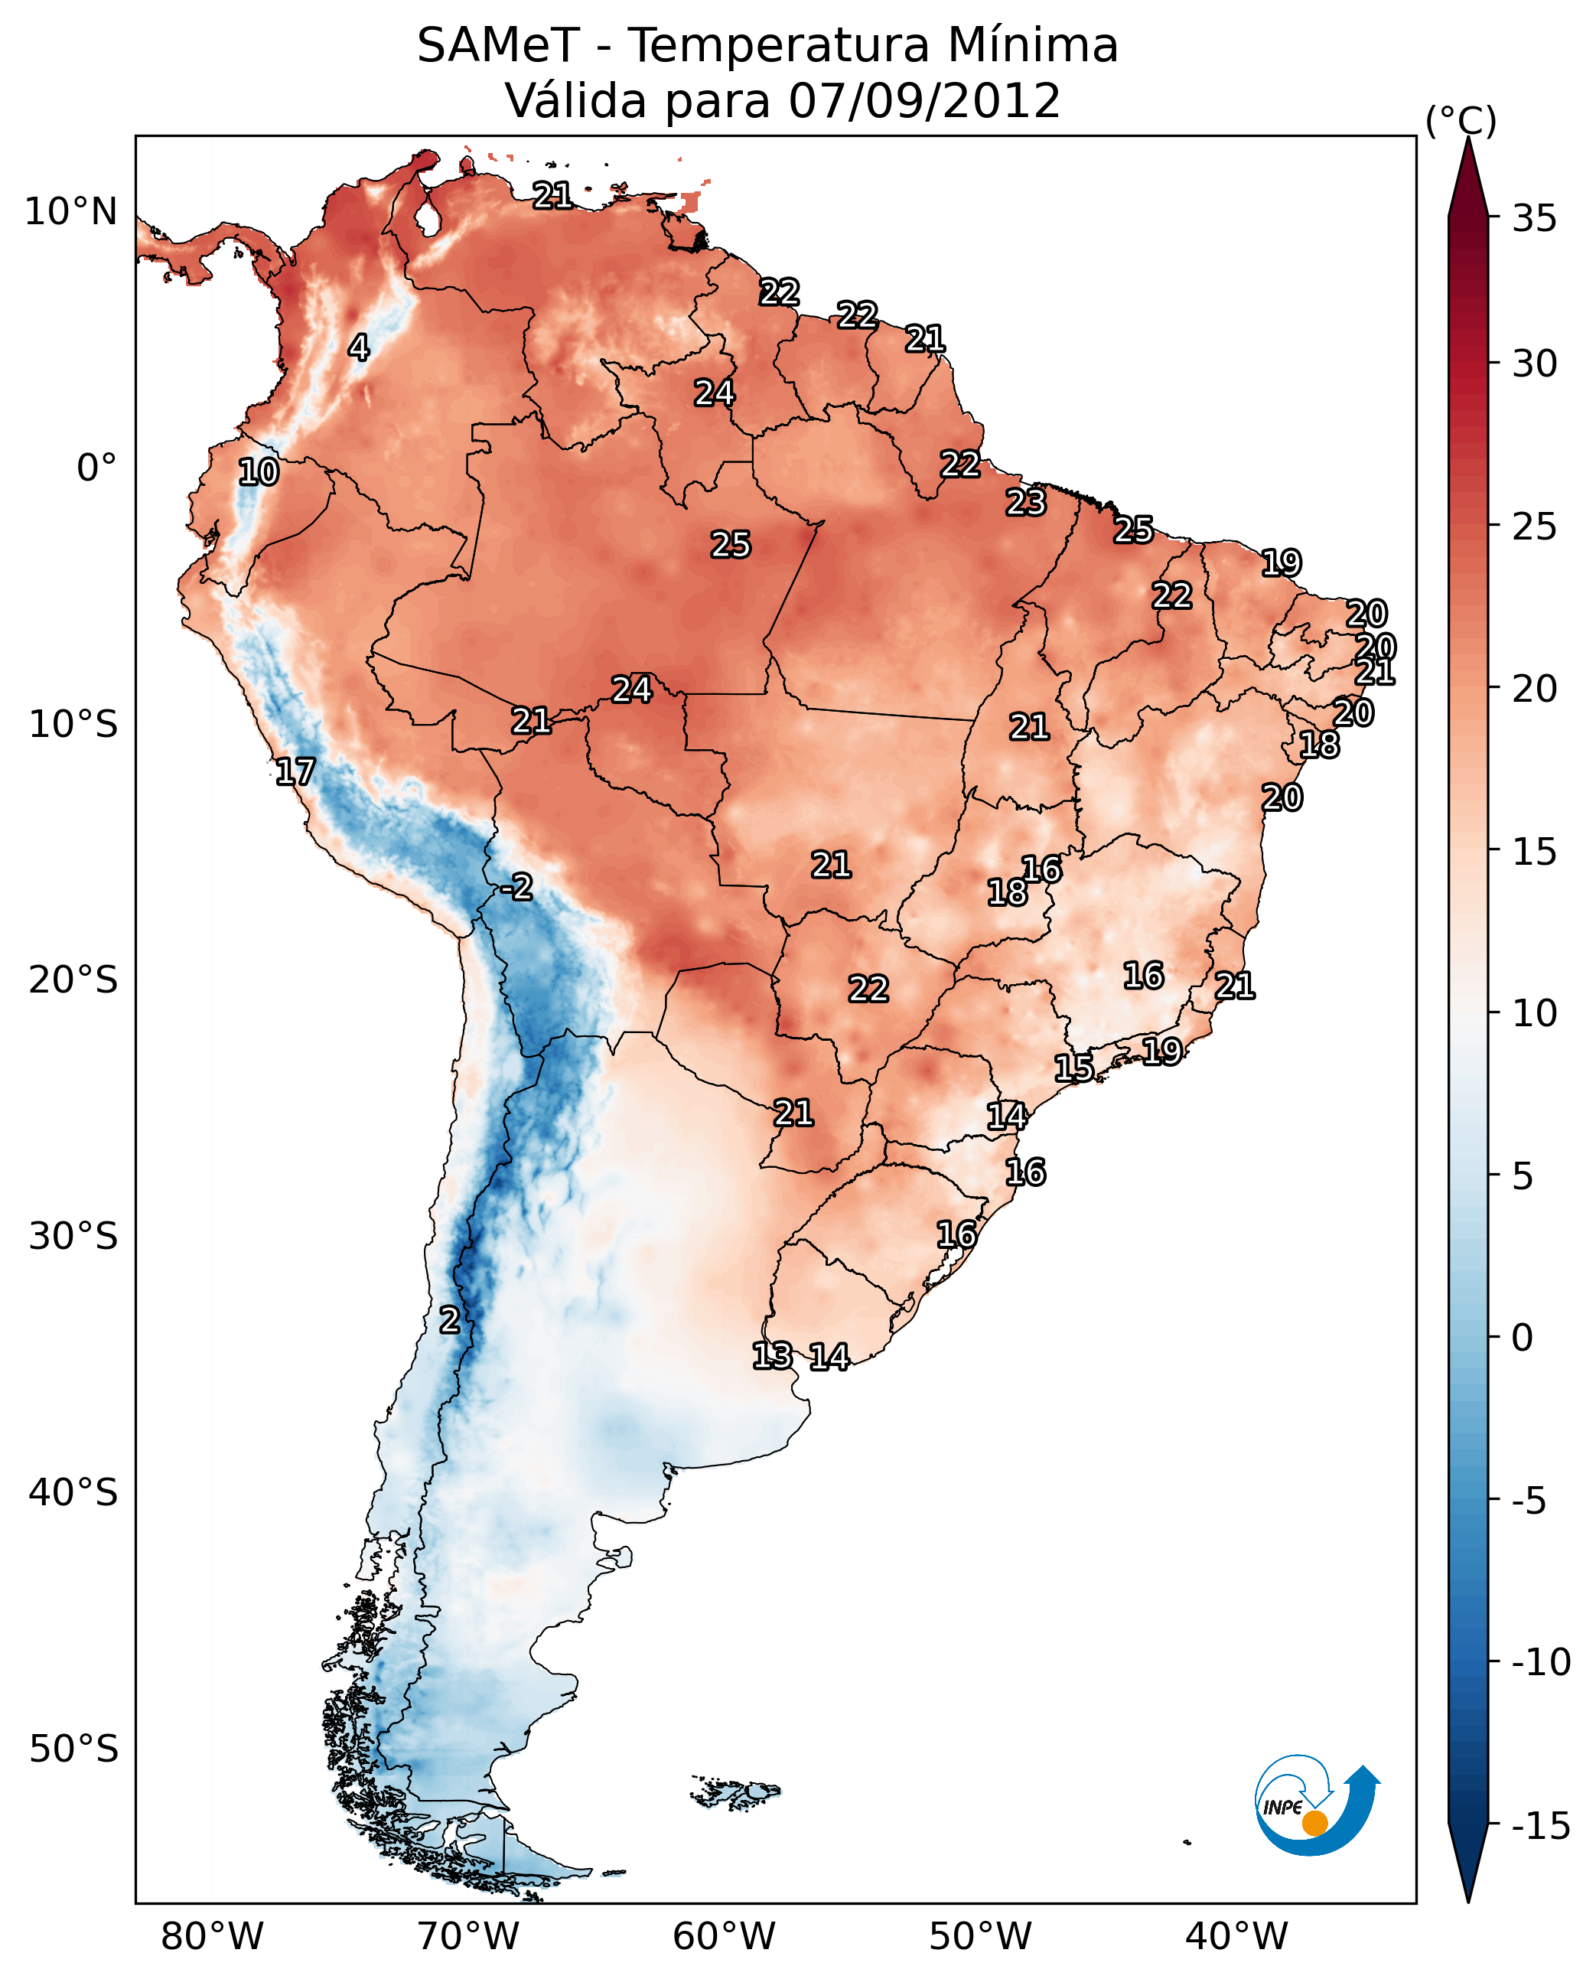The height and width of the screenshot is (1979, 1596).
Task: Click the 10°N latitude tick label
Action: click(x=71, y=213)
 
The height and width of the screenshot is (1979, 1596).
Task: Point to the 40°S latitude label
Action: click(x=73, y=1492)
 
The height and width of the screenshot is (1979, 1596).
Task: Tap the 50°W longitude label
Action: click(x=980, y=1937)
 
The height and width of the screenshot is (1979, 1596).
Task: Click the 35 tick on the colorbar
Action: click(x=1534, y=219)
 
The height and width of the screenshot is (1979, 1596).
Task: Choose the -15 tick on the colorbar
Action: click(x=1540, y=1827)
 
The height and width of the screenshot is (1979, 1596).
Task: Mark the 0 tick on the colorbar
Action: click(x=1523, y=1338)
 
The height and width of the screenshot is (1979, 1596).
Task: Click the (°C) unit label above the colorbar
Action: click(x=1461, y=120)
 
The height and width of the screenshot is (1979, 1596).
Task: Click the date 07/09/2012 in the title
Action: click(x=924, y=100)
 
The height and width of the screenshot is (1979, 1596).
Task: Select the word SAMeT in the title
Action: click(x=498, y=45)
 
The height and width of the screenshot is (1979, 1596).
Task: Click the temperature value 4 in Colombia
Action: click(x=359, y=347)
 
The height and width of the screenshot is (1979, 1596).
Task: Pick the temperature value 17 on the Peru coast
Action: click(x=295, y=771)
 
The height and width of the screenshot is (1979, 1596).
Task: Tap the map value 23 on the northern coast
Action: click(x=1025, y=502)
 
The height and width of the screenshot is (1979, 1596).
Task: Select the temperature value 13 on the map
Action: click(x=772, y=1355)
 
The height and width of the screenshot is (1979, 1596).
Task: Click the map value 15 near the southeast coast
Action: click(x=1073, y=1068)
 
